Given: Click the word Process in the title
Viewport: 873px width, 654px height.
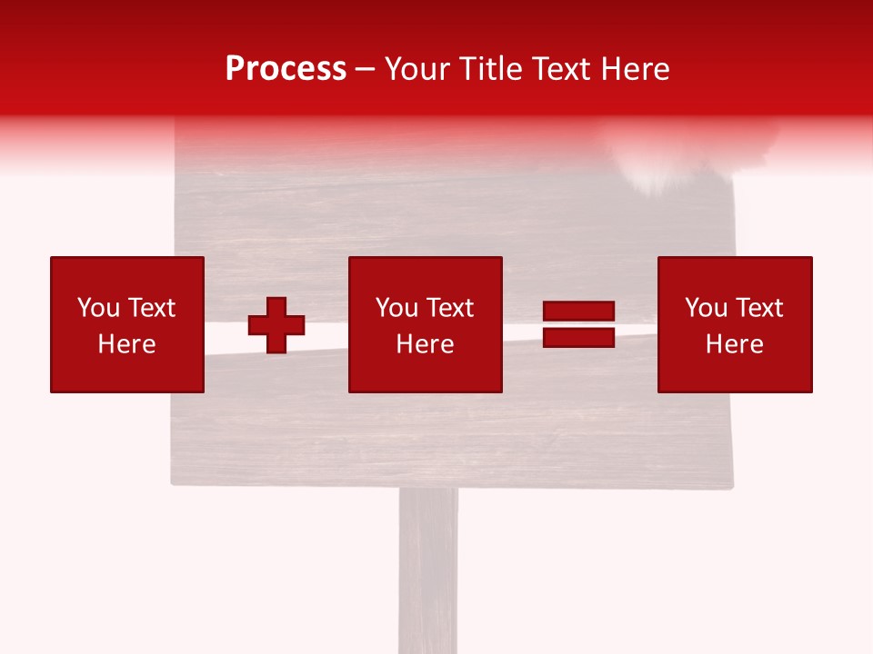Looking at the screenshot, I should pyautogui.click(x=286, y=69).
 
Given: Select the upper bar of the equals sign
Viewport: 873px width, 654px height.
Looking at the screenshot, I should pyautogui.click(x=578, y=312).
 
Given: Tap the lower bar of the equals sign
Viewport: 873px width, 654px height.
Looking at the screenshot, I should pyautogui.click(x=578, y=337).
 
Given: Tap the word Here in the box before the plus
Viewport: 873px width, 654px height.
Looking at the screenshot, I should pyautogui.click(x=126, y=344).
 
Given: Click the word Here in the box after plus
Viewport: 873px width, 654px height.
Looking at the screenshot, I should pyautogui.click(x=425, y=344).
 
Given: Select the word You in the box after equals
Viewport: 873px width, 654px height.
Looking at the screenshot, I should pyautogui.click(x=706, y=308).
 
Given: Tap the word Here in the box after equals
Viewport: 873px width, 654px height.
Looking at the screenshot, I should pyautogui.click(x=734, y=344).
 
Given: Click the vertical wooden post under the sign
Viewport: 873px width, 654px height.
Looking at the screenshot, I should pyautogui.click(x=427, y=572).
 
